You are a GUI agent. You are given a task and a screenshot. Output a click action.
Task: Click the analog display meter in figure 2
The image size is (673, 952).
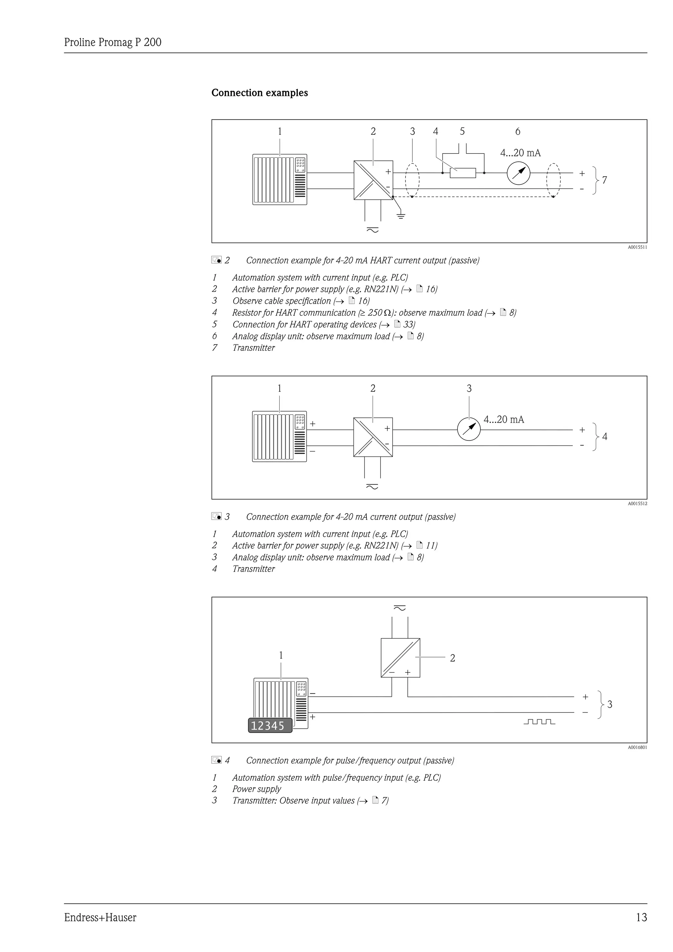(519, 173)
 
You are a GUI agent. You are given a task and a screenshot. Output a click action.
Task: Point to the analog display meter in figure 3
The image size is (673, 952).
(469, 430)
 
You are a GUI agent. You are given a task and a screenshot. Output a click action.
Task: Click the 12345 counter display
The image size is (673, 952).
(270, 726)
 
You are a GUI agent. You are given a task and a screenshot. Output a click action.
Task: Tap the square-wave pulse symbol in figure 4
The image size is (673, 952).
(539, 722)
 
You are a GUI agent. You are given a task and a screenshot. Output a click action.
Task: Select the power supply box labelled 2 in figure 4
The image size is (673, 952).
(400, 657)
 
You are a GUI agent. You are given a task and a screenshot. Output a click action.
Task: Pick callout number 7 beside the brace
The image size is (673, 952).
(604, 180)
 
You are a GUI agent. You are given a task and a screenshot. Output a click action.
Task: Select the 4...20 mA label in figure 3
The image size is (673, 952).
(503, 419)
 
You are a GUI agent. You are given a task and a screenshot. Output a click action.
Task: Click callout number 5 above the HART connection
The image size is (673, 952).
(462, 131)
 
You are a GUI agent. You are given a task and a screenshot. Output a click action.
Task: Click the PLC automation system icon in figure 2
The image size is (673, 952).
(280, 179)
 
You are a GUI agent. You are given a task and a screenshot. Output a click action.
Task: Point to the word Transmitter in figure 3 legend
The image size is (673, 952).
(253, 569)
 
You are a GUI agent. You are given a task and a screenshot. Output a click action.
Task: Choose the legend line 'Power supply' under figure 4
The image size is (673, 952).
(257, 789)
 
